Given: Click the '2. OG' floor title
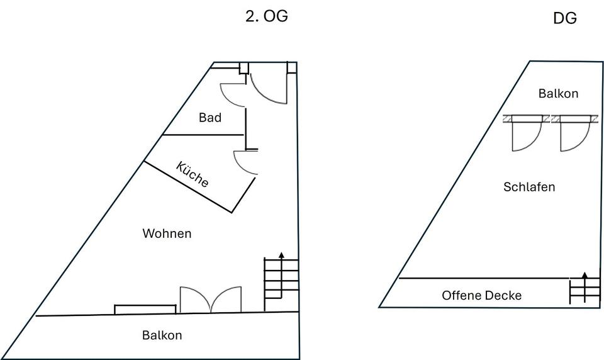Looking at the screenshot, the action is tap(266, 16).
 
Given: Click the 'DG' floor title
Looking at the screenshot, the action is tap(564, 19).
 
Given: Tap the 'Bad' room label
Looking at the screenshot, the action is tap(210, 118).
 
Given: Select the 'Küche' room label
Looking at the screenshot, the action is tap(193, 175).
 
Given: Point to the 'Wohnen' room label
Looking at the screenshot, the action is tap(167, 233).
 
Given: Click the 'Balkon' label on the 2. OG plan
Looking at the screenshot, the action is tap(162, 335).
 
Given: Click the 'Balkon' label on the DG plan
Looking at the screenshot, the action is tap(558, 94).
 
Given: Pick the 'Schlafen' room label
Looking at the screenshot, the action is tap(529, 187).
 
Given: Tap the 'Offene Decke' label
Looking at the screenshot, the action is tap(481, 295).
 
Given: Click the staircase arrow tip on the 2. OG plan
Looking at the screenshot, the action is tap(281, 254).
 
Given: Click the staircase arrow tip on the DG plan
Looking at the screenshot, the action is tap(584, 274).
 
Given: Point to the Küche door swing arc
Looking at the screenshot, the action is tap(245, 162).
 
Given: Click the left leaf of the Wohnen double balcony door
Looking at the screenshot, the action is tap(194, 299).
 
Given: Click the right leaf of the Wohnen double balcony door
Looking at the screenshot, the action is tap(226, 299).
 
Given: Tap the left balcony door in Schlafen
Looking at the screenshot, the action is tap(526, 135).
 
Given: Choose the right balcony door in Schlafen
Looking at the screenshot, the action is tap(574, 135).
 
